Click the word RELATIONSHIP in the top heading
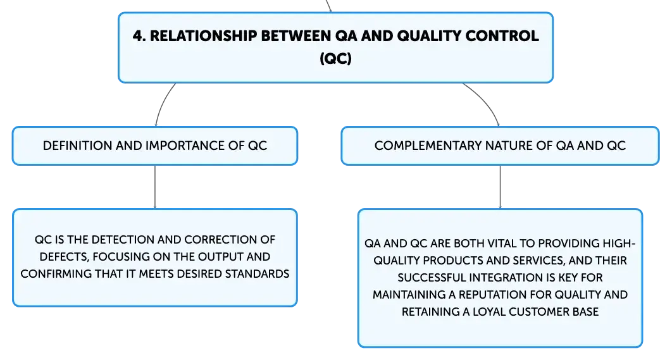(203, 35)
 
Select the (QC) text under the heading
(335, 58)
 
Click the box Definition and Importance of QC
(155, 146)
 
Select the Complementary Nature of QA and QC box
(500, 146)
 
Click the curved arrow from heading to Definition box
(163, 103)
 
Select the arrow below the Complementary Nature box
(500, 187)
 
